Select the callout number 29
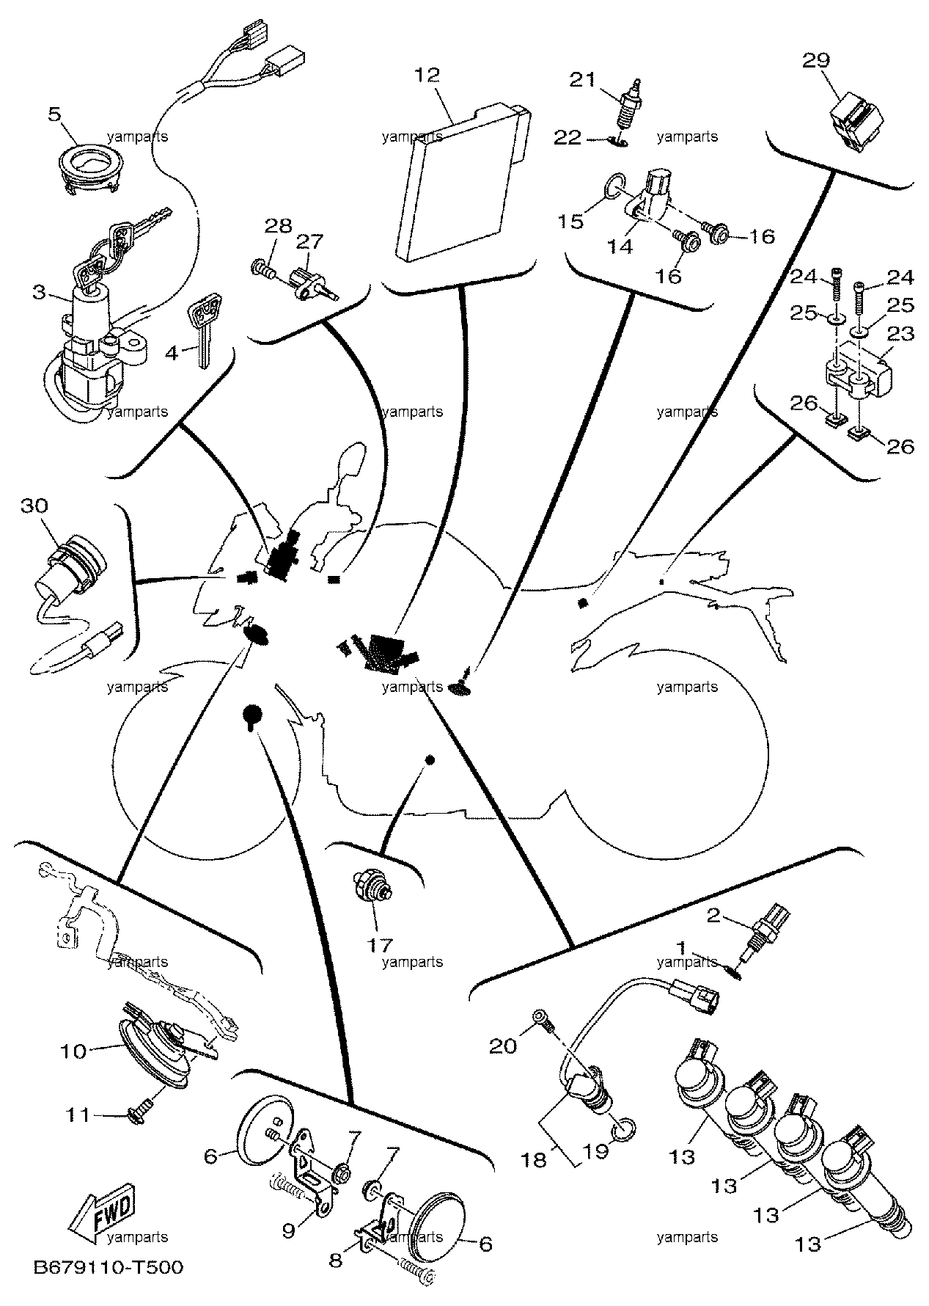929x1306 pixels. [815, 60]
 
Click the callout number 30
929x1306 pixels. [34, 506]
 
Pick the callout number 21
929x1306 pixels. [584, 79]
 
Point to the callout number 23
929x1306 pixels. [901, 334]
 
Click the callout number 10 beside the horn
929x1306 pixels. [73, 1051]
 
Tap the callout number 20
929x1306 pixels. [503, 1046]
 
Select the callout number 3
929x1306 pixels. [39, 293]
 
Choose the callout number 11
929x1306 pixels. [78, 1115]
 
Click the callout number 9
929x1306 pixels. [288, 1229]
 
